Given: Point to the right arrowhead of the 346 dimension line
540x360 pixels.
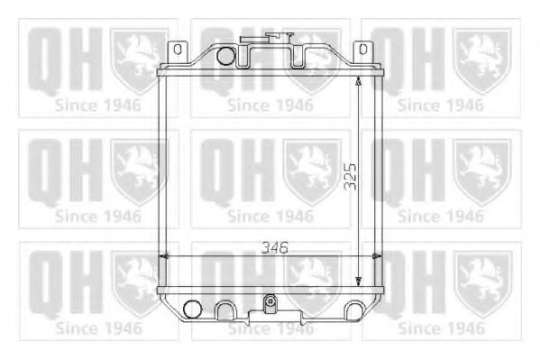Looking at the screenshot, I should click(371, 257).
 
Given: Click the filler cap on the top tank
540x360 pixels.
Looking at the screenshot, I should click(278, 40).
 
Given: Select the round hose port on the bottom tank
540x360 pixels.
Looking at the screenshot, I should click(190, 309).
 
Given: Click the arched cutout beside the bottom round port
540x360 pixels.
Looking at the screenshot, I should click(222, 309).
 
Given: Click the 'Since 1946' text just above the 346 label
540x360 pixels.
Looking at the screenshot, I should click(270, 217).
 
